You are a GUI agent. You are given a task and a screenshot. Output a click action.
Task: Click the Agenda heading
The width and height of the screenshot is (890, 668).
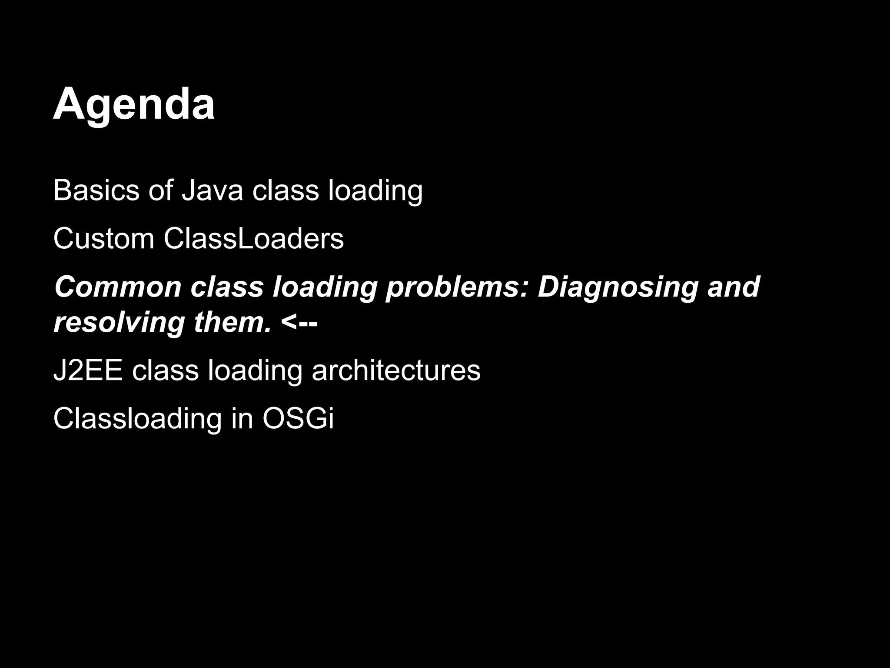[x=134, y=104]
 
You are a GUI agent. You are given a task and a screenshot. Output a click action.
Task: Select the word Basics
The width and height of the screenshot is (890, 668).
[x=96, y=190]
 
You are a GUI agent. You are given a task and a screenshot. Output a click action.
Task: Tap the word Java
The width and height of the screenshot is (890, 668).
[x=213, y=190]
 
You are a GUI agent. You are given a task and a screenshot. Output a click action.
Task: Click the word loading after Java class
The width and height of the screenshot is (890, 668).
[x=375, y=191]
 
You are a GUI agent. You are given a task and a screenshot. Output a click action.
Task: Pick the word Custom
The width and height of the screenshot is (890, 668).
[x=103, y=238]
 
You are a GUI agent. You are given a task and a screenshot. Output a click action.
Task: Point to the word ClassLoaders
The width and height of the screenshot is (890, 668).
[x=254, y=238]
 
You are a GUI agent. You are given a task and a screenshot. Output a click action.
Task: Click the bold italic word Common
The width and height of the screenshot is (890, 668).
[x=118, y=287]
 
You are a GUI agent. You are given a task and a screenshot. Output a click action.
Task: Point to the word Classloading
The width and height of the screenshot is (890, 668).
[x=137, y=419]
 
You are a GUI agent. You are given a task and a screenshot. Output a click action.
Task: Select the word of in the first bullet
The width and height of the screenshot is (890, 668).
[x=161, y=190]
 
